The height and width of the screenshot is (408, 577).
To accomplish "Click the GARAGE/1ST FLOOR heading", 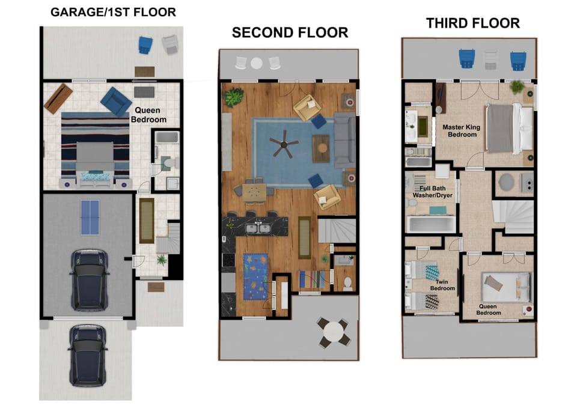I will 113,12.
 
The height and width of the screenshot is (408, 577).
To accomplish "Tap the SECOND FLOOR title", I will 290,32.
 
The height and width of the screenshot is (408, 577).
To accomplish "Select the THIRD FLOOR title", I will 472,23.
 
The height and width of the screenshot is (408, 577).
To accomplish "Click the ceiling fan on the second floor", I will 284,144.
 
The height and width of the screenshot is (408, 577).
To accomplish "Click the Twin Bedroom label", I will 442,285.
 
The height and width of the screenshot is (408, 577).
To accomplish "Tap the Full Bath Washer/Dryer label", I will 432,192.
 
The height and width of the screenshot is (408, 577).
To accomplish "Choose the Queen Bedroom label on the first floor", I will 150,115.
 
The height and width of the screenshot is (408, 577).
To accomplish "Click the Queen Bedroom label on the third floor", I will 488,309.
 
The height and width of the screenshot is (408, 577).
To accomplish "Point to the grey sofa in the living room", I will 344,140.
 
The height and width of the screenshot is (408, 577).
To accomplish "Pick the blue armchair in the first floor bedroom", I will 116,101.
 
